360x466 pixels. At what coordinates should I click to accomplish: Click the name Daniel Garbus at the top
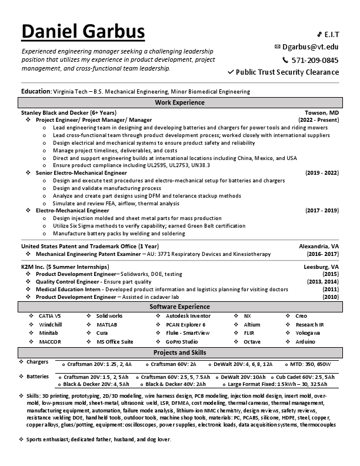pos(83,32)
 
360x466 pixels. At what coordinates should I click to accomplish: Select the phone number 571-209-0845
pos(315,59)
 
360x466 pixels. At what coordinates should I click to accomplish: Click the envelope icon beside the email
pos(278,46)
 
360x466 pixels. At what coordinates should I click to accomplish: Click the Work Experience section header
pos(179,102)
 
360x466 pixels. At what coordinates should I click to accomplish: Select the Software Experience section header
pos(179,307)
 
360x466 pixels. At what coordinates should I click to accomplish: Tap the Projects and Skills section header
pos(179,352)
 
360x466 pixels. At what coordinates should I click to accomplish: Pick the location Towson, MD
pos(321,112)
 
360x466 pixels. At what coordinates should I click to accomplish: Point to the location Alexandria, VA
pos(319,246)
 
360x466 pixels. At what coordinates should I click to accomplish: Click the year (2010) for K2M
pos(331,297)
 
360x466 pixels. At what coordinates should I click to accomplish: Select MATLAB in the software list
pos(107,324)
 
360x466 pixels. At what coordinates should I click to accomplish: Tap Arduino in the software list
pos(305,341)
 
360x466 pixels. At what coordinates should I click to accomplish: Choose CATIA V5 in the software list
pos(50,316)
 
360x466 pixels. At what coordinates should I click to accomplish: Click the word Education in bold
pos(35,91)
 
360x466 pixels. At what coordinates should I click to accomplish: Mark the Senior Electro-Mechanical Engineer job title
pos(81,173)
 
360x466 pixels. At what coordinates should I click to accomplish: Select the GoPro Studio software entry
pos(181,341)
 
